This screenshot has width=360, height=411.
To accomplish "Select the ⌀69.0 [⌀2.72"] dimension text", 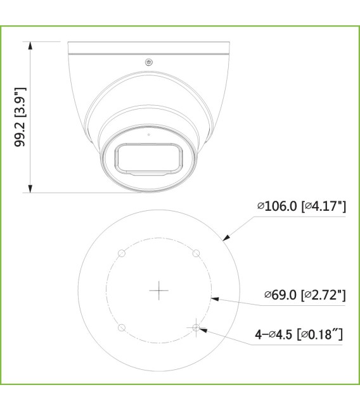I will click(305, 294).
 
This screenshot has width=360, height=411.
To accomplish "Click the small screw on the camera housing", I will click(149, 62).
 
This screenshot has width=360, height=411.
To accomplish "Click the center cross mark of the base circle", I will click(158, 291).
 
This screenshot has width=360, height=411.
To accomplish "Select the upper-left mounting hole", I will click(122, 253).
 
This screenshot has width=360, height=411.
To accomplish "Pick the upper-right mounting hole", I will click(196, 253).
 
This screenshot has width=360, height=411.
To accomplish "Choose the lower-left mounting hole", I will click(122, 327).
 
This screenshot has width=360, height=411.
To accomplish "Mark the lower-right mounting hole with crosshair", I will click(196, 327).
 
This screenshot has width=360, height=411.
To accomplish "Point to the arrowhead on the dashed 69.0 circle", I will click(214, 298).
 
